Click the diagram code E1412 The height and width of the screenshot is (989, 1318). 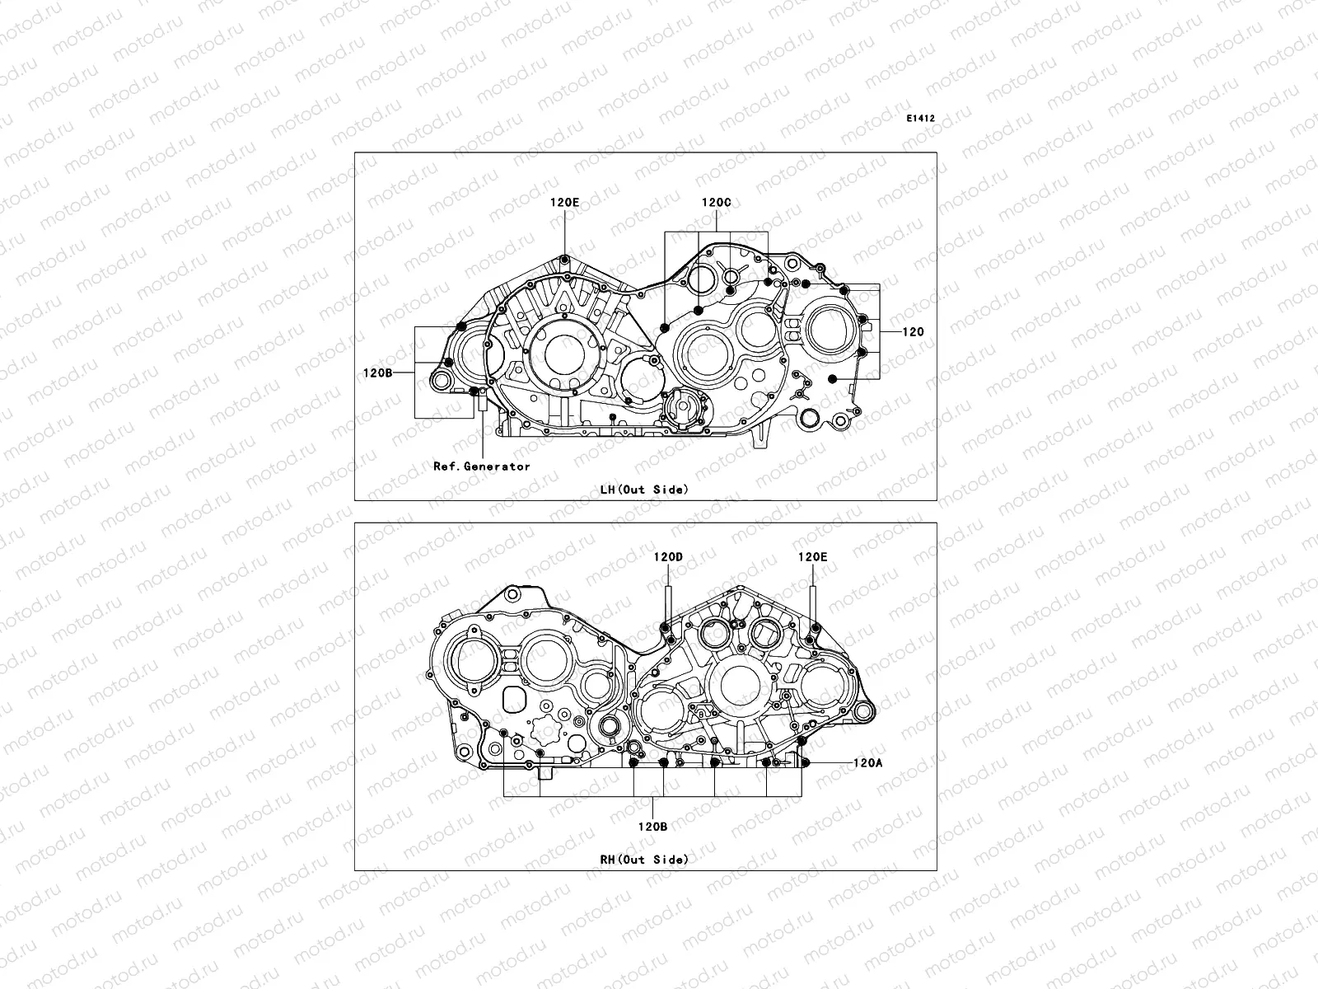point(920,119)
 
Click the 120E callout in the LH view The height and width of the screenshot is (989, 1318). point(565,201)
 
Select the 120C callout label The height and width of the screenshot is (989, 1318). point(716,201)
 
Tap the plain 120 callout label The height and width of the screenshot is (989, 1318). point(913,332)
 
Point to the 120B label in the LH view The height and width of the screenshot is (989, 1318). point(376,373)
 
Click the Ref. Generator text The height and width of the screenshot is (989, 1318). point(482,466)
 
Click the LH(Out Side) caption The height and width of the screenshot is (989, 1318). point(644,490)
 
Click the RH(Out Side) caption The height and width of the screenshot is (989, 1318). point(644,860)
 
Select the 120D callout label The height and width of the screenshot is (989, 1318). point(668,556)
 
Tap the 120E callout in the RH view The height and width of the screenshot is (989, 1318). point(812,556)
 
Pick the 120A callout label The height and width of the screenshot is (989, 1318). point(867,763)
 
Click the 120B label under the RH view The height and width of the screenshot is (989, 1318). point(652,827)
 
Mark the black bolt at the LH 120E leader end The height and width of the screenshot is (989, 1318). point(564,261)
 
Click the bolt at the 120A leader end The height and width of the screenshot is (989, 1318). point(806,762)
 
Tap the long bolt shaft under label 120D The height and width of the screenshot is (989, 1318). point(668,606)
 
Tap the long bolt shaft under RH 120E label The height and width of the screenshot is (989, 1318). point(813,606)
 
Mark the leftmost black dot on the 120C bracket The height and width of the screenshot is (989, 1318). point(664,327)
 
